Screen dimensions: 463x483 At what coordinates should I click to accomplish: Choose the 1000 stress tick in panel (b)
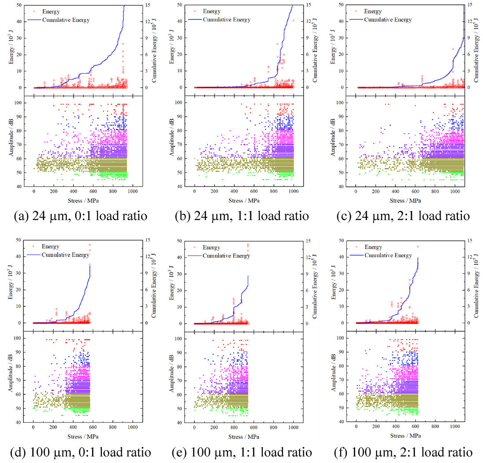[294, 192]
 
